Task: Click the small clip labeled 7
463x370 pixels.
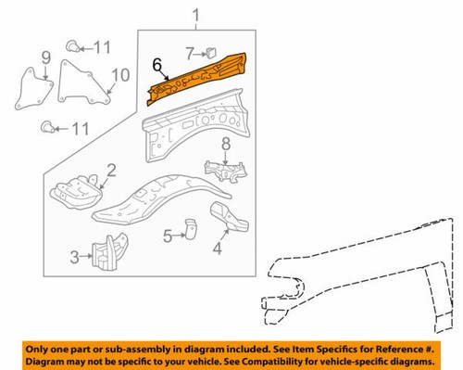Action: pyautogui.click(x=212, y=51)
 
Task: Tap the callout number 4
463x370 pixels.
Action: pyautogui.click(x=217, y=247)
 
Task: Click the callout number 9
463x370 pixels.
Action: pyautogui.click(x=44, y=64)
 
